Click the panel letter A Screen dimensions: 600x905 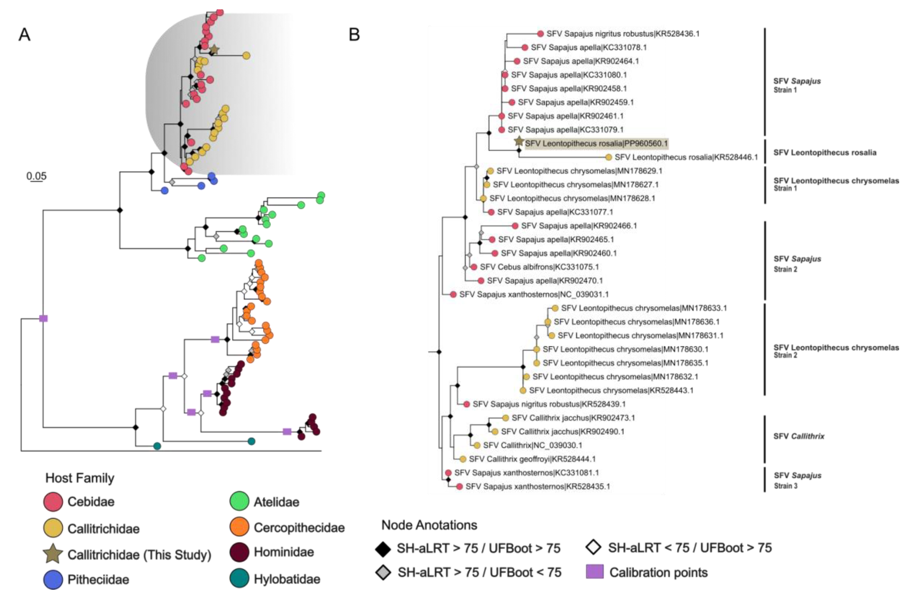tap(25, 35)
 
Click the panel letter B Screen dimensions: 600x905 tap(354, 35)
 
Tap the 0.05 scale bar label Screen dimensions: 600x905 tap(36, 176)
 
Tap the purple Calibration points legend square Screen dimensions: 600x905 tap(594, 572)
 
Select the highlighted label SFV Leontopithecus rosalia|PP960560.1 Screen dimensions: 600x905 tap(596, 144)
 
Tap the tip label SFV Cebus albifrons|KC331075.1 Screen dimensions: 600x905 tap(539, 267)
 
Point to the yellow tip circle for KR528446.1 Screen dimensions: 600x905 tap(609, 157)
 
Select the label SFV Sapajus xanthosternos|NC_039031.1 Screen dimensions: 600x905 tap(533, 294)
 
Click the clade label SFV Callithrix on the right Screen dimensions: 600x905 tap(799, 436)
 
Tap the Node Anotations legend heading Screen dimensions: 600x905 tap(429, 525)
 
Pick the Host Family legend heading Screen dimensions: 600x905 tap(80, 478)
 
